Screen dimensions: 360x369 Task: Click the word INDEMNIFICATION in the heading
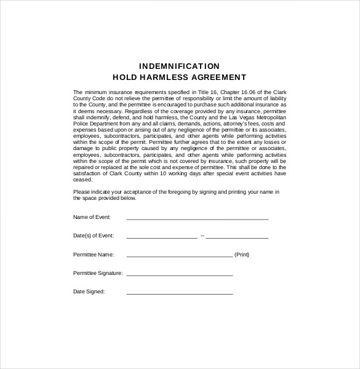tap(179, 66)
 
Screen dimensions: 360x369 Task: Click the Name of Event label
tap(92, 218)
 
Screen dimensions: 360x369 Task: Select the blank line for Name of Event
tap(197, 218)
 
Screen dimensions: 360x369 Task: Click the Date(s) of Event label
tap(93, 236)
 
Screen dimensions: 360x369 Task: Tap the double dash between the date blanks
tap(202, 236)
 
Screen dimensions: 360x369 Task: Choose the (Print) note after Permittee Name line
tap(242, 254)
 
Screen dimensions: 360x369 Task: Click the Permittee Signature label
tap(98, 272)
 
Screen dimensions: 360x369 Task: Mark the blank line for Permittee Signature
tap(179, 274)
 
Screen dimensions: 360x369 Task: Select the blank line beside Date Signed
tap(179, 293)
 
